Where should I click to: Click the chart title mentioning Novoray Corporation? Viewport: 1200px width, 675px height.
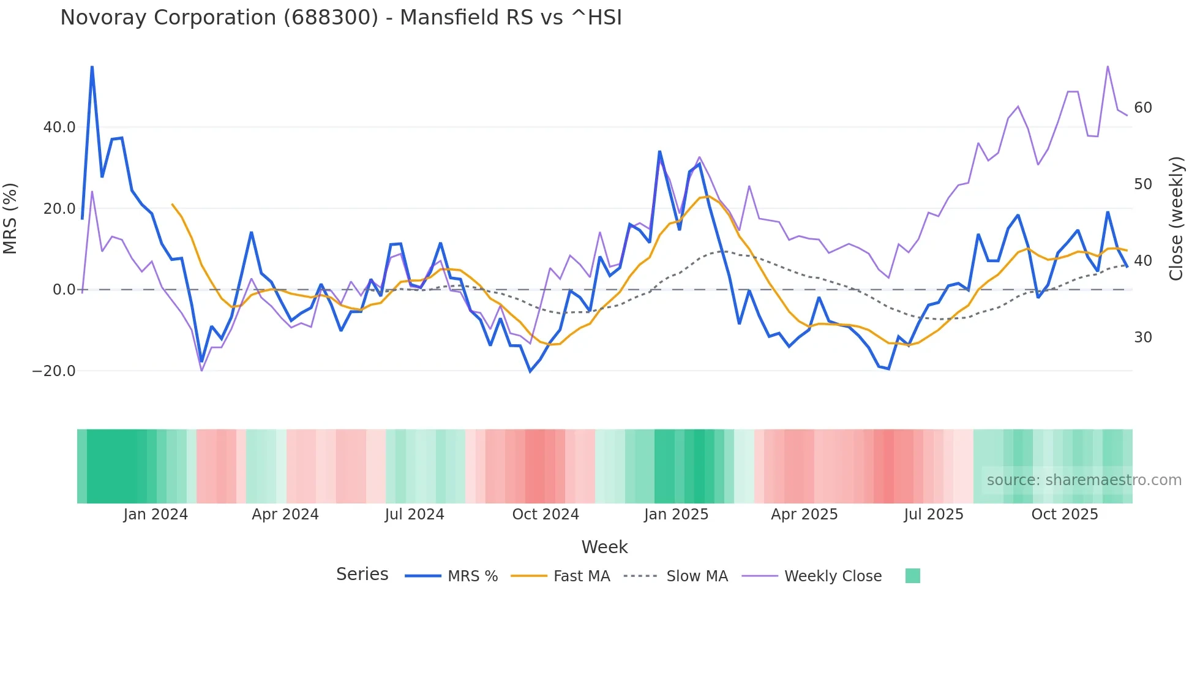[340, 18]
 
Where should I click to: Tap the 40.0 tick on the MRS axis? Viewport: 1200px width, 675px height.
[59, 127]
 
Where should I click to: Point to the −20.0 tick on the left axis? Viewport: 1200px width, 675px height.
[54, 371]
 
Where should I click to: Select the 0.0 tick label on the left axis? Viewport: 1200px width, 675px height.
[64, 290]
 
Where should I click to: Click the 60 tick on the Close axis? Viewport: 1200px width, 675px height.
[1142, 108]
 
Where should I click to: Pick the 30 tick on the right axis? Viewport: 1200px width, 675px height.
[1142, 337]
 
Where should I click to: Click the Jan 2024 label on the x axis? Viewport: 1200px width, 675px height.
[156, 515]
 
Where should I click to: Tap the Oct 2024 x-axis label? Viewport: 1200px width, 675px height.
[546, 515]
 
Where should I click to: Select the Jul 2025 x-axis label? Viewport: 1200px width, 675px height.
[934, 515]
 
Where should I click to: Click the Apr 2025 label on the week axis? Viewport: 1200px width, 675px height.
[804, 515]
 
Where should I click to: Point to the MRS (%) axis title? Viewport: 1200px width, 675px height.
[10, 218]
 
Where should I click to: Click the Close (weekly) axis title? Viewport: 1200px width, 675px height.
[1176, 218]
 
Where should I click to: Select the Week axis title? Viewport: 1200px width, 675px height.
[604, 547]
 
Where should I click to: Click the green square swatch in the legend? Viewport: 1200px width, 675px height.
[912, 576]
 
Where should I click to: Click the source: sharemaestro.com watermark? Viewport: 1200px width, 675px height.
[1084, 480]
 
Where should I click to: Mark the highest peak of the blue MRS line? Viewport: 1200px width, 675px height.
[92, 66]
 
